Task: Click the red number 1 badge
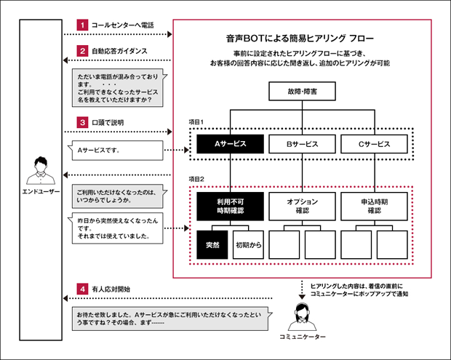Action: click(x=83, y=25)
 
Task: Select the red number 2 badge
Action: click(x=83, y=52)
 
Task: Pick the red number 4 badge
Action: click(x=83, y=289)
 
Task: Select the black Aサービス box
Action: click(x=230, y=144)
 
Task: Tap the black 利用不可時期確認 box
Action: click(x=230, y=206)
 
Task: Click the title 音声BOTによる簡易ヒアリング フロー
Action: click(x=302, y=37)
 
